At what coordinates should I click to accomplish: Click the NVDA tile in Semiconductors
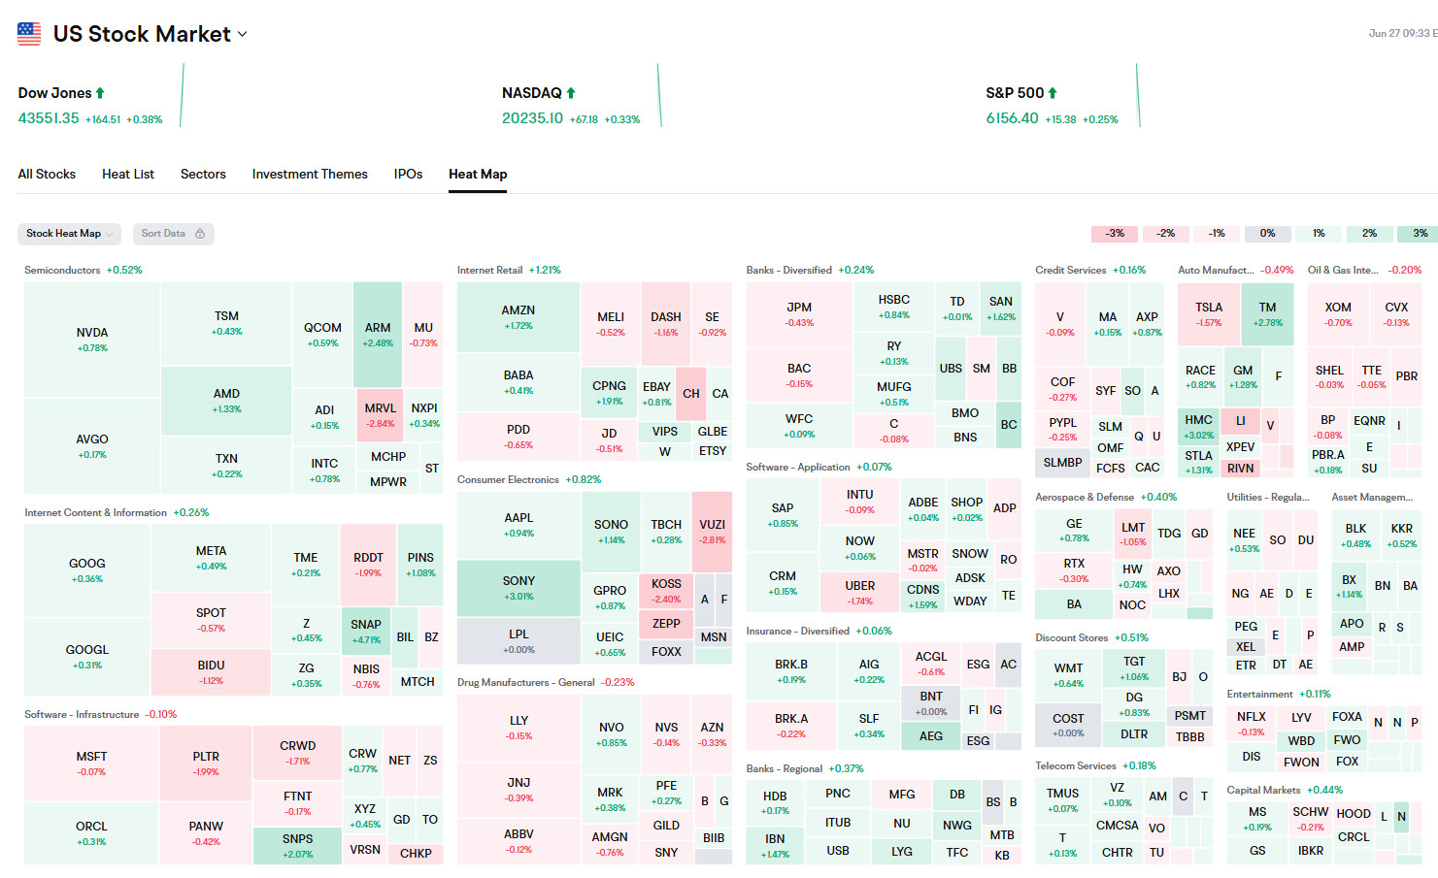[x=92, y=339]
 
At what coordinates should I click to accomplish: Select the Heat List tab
[x=128, y=175]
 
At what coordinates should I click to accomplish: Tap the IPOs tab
[x=408, y=175]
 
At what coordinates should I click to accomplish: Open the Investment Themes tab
[x=310, y=175]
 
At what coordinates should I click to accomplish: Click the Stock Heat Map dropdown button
[x=68, y=234]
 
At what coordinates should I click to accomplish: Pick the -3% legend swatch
[x=1115, y=234]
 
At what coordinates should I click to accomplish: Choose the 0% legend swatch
[x=1267, y=234]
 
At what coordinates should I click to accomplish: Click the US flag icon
[x=29, y=34]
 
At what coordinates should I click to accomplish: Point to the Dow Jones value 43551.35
[x=49, y=118]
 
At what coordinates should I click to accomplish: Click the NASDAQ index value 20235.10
[x=532, y=118]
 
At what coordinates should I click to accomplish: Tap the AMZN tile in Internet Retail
[x=518, y=317]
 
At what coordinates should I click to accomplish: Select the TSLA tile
[x=1209, y=313]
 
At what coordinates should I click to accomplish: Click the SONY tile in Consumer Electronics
[x=518, y=587]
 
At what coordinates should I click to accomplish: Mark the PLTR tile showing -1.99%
[x=206, y=763]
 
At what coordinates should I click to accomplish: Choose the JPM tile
[x=799, y=313]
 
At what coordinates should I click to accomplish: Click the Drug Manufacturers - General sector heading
[x=526, y=683]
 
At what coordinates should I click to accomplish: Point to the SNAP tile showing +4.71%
[x=366, y=631]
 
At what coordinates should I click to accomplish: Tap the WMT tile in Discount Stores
[x=1068, y=674]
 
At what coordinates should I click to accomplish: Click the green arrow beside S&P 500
[x=1053, y=93]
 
